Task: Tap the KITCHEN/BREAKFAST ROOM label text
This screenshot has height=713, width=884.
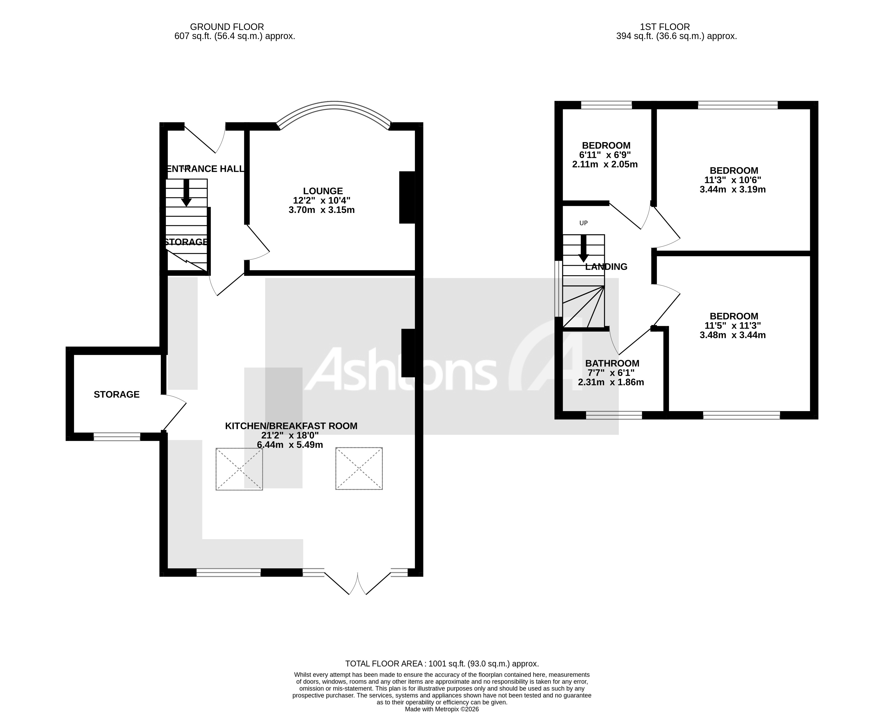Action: (x=291, y=426)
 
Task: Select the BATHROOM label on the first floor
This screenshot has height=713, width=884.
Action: (x=612, y=363)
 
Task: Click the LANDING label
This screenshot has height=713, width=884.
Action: (x=606, y=267)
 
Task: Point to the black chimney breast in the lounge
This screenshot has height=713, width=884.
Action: (x=407, y=197)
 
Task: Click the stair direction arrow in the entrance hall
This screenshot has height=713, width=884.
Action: (x=186, y=193)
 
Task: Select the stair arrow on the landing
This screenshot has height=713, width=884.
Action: (x=583, y=249)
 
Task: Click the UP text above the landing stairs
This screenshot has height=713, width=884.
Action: (x=583, y=223)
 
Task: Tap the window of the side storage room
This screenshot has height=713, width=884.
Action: (x=117, y=437)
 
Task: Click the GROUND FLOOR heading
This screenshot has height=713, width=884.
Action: (x=227, y=27)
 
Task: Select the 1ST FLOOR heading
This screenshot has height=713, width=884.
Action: (x=665, y=27)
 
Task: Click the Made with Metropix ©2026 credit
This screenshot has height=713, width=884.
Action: (x=442, y=709)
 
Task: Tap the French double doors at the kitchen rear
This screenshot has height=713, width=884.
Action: (x=357, y=583)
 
